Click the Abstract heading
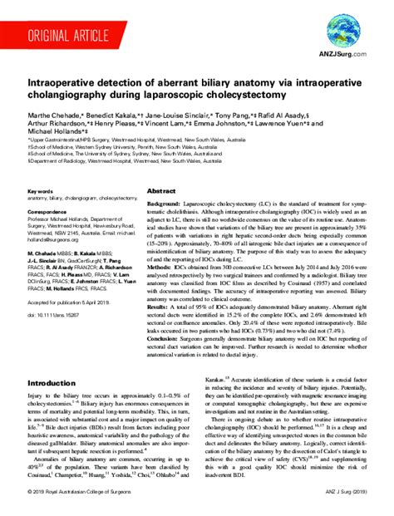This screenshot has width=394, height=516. point(160,191)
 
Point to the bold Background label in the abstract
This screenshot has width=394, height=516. point(163,204)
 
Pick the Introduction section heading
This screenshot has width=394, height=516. point(51,383)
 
